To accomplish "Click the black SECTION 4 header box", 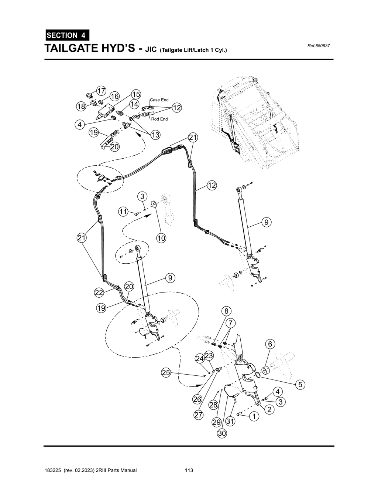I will (x=67, y=36).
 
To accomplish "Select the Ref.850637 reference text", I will (x=318, y=46).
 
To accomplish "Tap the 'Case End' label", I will (x=159, y=100).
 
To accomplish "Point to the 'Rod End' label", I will (x=159, y=119).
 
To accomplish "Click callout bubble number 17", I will (x=101, y=90).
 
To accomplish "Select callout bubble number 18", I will (x=81, y=107).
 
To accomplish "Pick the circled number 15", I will (x=136, y=94).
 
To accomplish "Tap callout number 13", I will (x=155, y=135).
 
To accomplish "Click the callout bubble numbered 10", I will (x=161, y=238).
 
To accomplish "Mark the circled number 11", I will (x=123, y=212).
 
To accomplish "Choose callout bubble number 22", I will (x=99, y=293).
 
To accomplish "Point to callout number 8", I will (x=226, y=311).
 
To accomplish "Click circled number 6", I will (x=270, y=344).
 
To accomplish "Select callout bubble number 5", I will (x=300, y=385).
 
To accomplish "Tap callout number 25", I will (x=166, y=373).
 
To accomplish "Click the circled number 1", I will (x=254, y=416).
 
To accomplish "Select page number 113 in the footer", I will (x=189, y=470).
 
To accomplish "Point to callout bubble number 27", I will (x=199, y=415).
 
